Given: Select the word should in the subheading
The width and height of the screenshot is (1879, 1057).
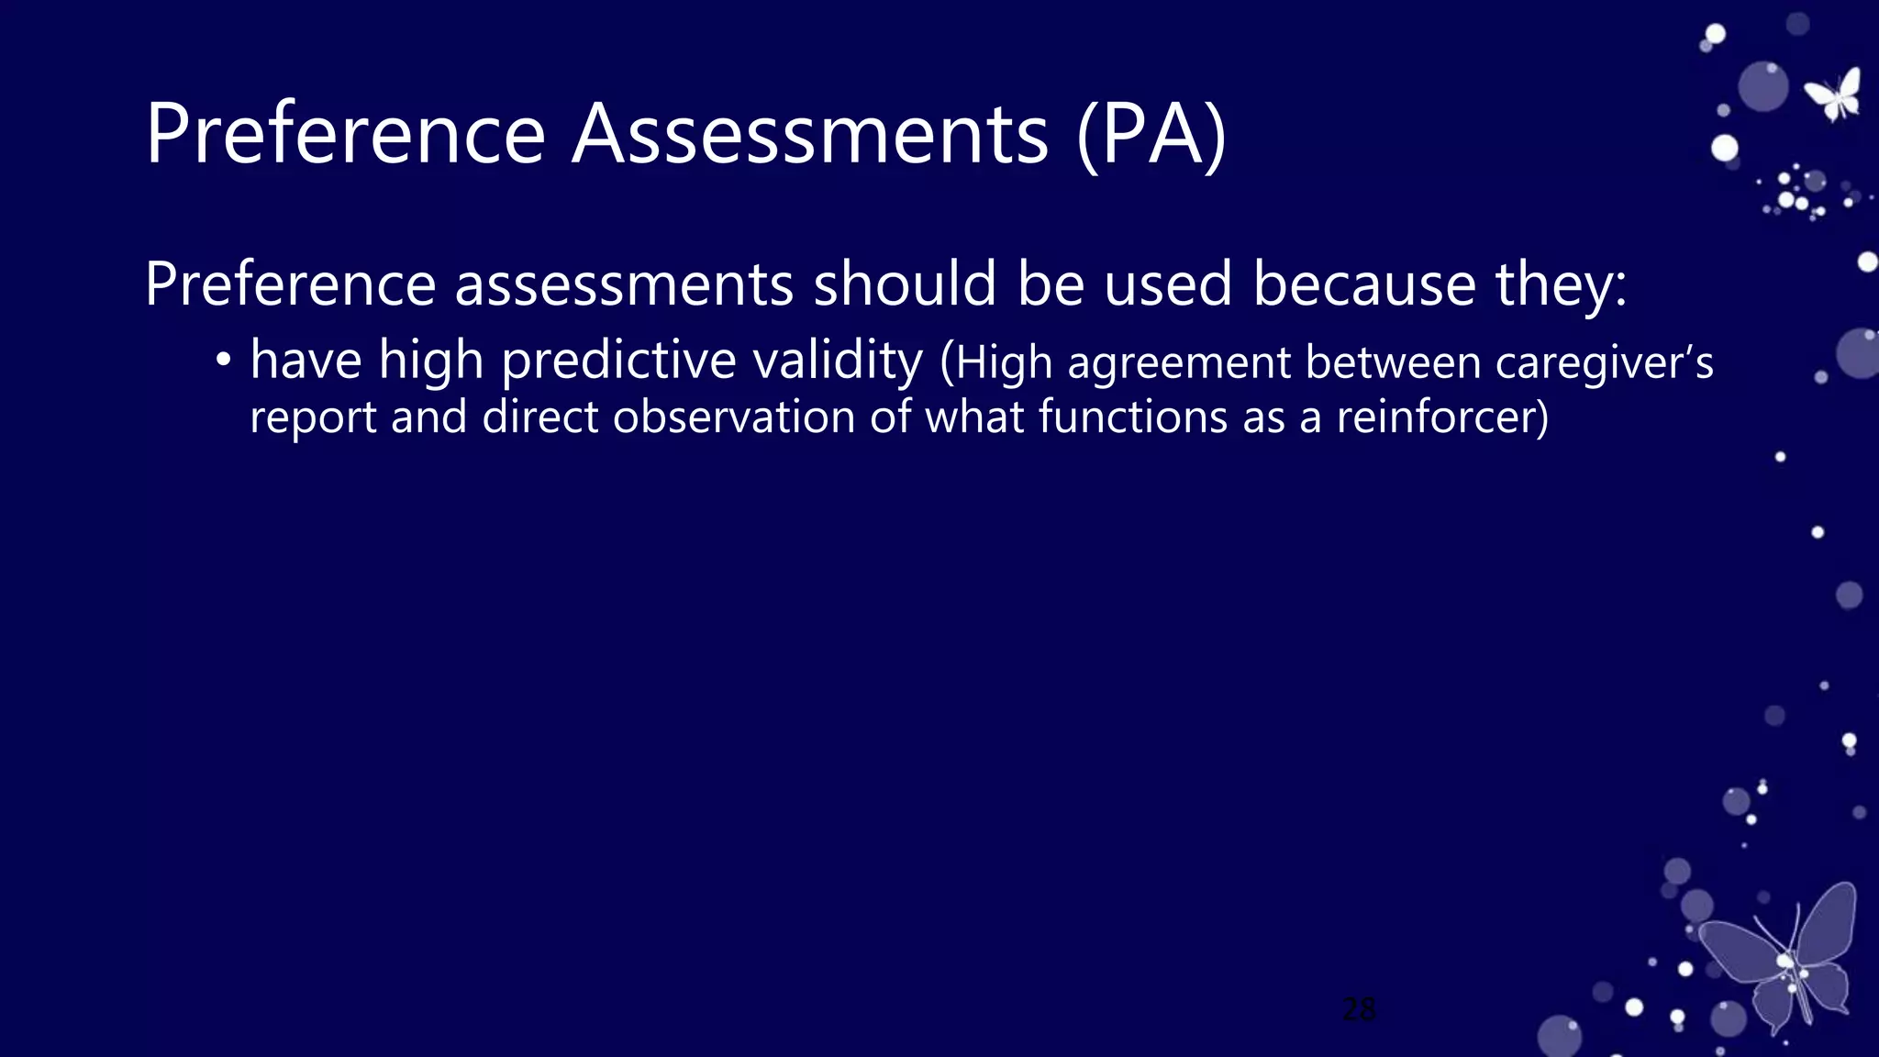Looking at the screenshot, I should (x=904, y=284).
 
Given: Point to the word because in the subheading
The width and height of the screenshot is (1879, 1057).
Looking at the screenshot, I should (x=1363, y=284).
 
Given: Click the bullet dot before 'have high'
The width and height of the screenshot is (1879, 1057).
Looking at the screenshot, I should (x=223, y=361).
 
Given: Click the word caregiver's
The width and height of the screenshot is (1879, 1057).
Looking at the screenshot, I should (x=1604, y=363).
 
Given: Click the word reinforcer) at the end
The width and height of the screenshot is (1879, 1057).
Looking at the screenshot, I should (x=1441, y=417).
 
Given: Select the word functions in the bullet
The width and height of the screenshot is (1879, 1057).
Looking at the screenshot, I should (x=1132, y=417).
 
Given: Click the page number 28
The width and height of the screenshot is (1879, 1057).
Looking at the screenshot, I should (x=1358, y=1009).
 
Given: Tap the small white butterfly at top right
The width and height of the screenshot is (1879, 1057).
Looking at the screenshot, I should (x=1834, y=95).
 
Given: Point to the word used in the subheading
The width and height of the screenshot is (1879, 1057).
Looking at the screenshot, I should (x=1167, y=284).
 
